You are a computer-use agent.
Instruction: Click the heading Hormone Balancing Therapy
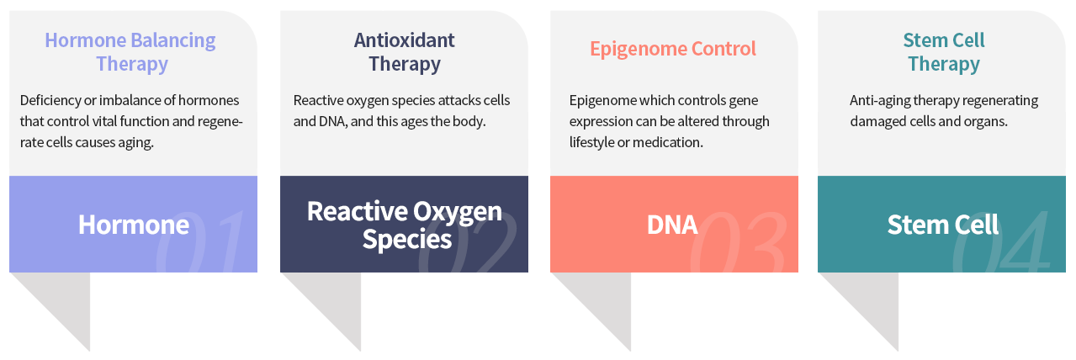(130, 52)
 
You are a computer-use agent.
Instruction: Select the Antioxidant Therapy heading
(405, 52)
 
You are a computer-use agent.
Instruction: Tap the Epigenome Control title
(673, 49)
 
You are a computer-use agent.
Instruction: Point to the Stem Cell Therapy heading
(944, 52)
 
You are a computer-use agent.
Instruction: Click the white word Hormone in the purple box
(134, 225)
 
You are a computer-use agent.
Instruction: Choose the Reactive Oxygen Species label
(405, 225)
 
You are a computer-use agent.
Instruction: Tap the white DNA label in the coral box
(672, 225)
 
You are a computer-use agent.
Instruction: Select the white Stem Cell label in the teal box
(943, 225)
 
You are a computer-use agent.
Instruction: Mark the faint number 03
(739, 241)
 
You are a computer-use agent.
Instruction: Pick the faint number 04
(1001, 241)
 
